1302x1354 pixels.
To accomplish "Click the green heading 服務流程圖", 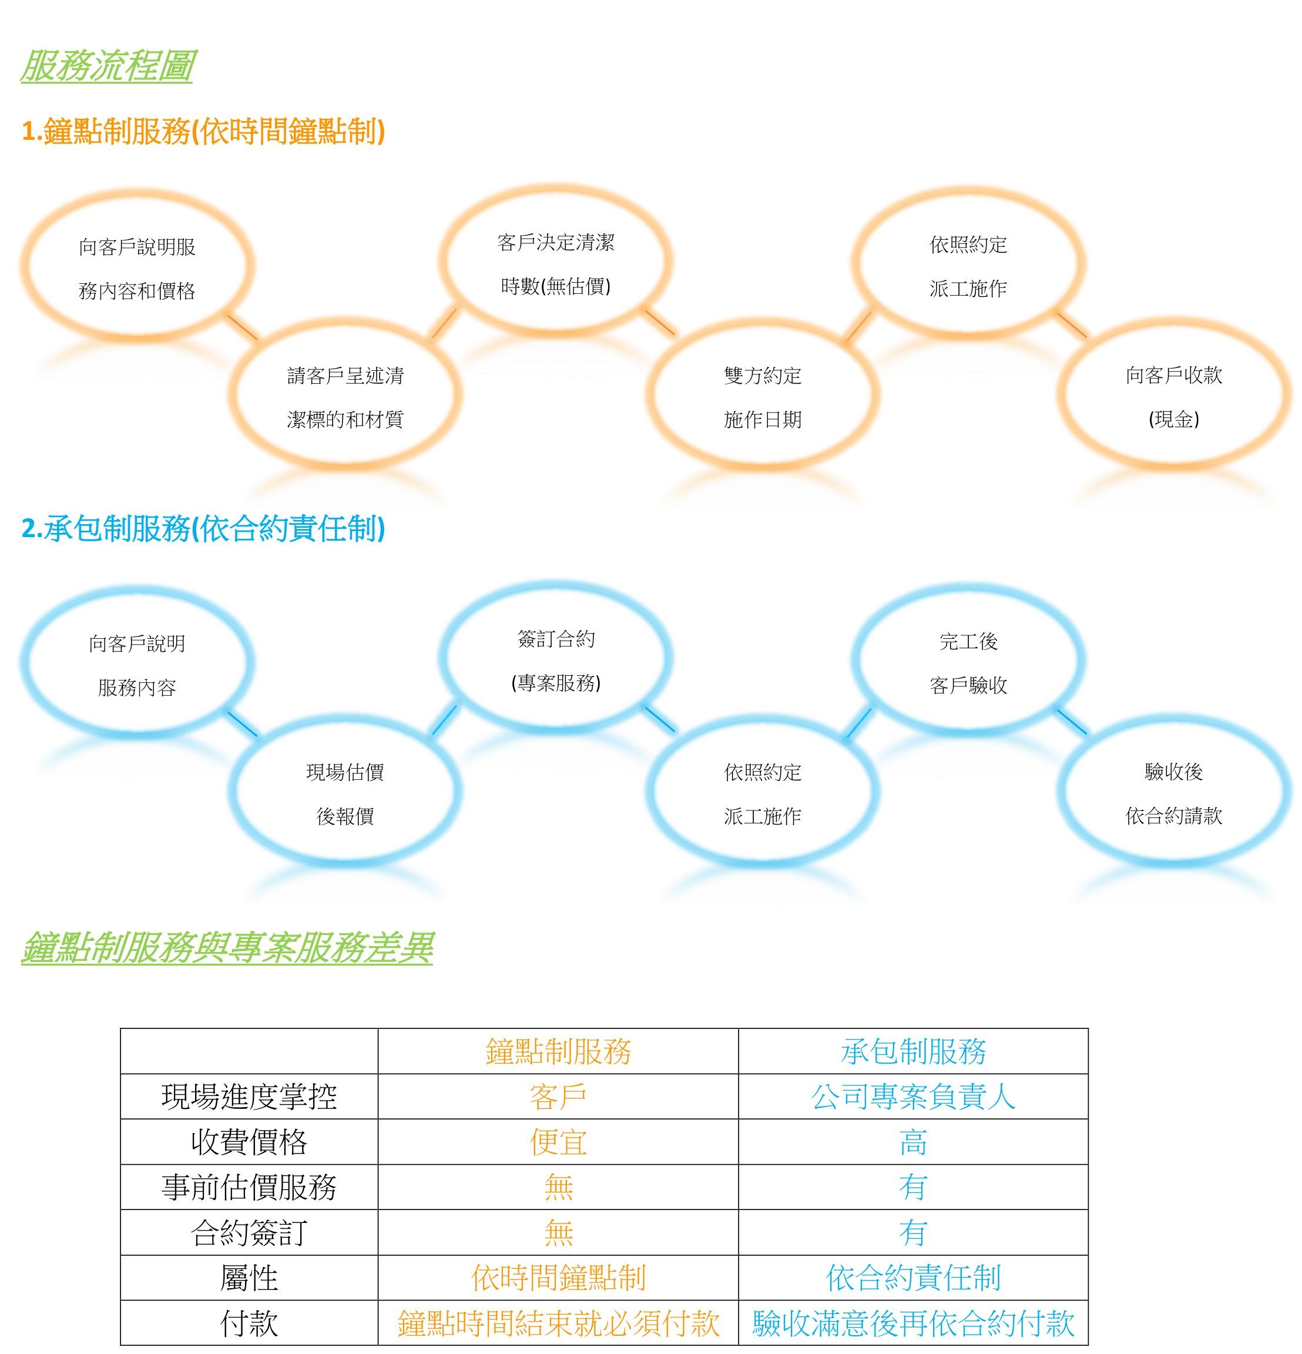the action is pyautogui.click(x=107, y=66).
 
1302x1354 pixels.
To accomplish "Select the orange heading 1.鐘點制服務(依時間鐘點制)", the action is pyautogui.click(x=203, y=131).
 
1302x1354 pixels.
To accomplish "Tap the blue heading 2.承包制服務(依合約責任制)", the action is pyautogui.click(x=203, y=528).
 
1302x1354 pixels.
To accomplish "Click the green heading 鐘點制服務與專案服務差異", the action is pyautogui.click(x=227, y=947).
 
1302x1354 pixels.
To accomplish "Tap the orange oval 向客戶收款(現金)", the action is pyautogui.click(x=1061, y=394).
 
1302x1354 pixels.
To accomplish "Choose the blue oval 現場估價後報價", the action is pyautogui.click(x=232, y=791).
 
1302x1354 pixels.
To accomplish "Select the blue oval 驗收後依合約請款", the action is pyautogui.click(x=1061, y=791).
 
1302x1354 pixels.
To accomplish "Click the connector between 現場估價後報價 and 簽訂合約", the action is pyautogui.click(x=445, y=719).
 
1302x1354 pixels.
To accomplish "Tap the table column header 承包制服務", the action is pyautogui.click(x=913, y=1051).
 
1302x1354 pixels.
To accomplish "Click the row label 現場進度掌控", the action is pyautogui.click(x=249, y=1097).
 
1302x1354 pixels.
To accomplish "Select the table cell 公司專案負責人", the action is pyautogui.click(x=913, y=1097).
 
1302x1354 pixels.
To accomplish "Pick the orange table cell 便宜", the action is pyautogui.click(x=558, y=1142).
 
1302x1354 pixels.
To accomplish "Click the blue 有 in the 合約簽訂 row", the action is pyautogui.click(x=913, y=1232).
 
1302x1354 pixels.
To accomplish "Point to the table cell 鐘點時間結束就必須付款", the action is pyautogui.click(x=558, y=1323).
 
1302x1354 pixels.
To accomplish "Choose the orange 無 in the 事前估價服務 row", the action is pyautogui.click(x=558, y=1188).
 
